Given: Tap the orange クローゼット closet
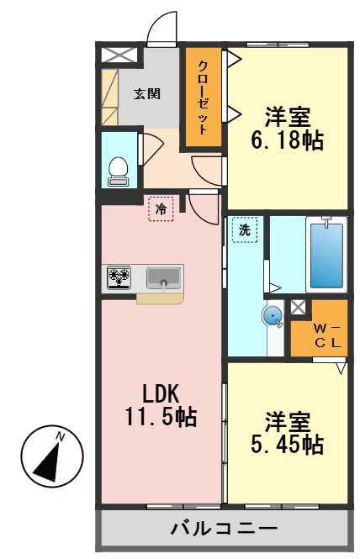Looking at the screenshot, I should point(203,96).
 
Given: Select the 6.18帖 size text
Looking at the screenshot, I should point(287,140).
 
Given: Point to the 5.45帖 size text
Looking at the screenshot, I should point(288,445).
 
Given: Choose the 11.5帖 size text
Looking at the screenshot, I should point(162,416).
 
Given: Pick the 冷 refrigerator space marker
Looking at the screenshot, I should point(160,208).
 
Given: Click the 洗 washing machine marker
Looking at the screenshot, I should point(244,229).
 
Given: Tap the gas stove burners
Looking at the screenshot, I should point(119,277).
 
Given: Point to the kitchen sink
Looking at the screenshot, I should point(164,277).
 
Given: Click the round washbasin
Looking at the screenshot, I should point(273,315).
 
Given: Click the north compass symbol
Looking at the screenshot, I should point(52,456).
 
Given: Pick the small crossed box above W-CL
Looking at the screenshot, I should point(298,308).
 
